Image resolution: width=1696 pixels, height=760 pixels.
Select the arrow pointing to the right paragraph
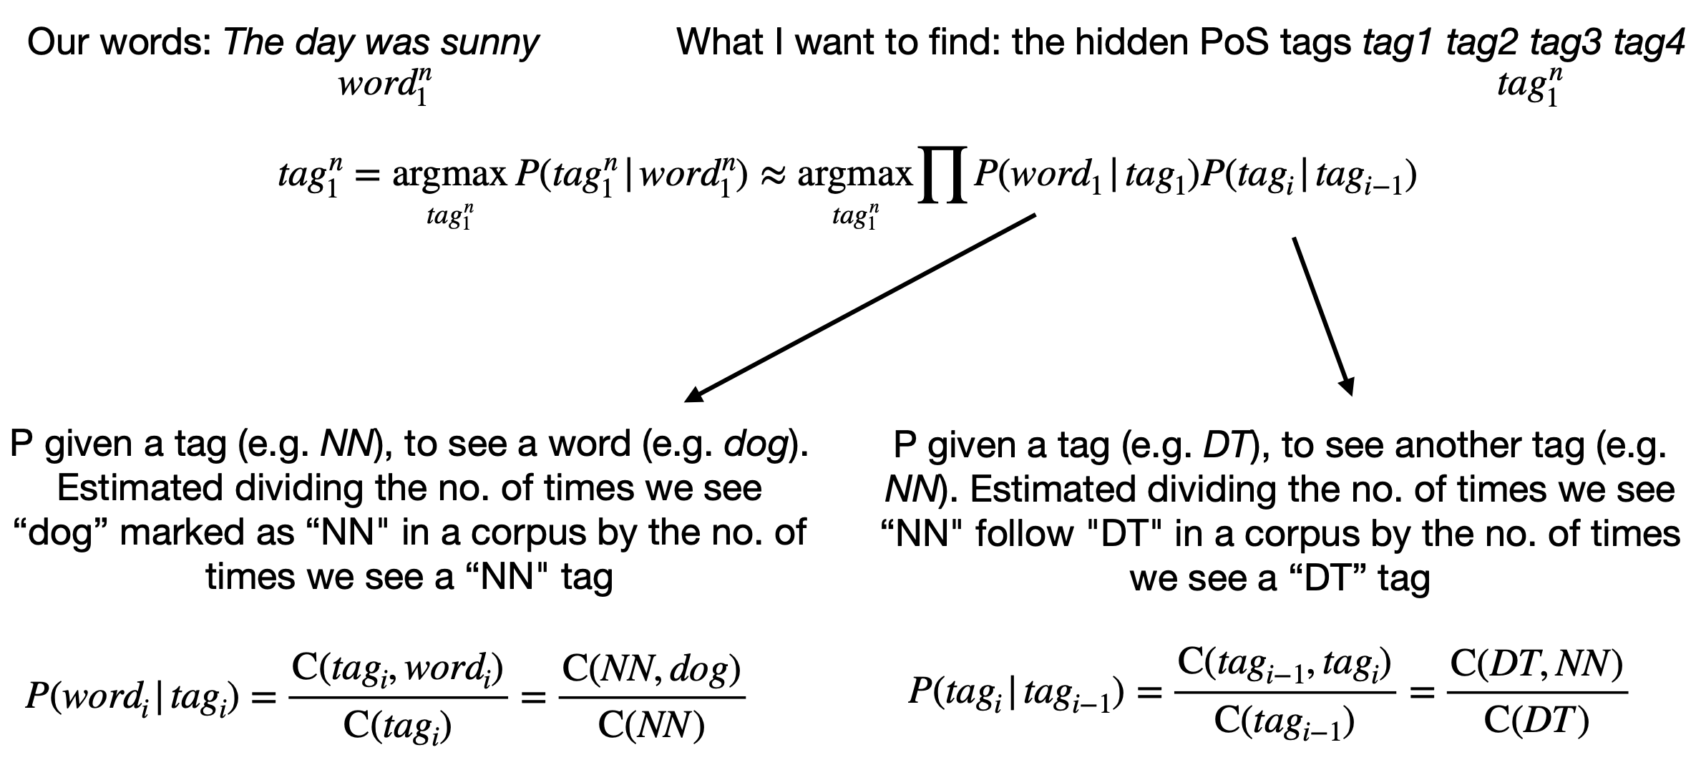point(1322,315)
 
